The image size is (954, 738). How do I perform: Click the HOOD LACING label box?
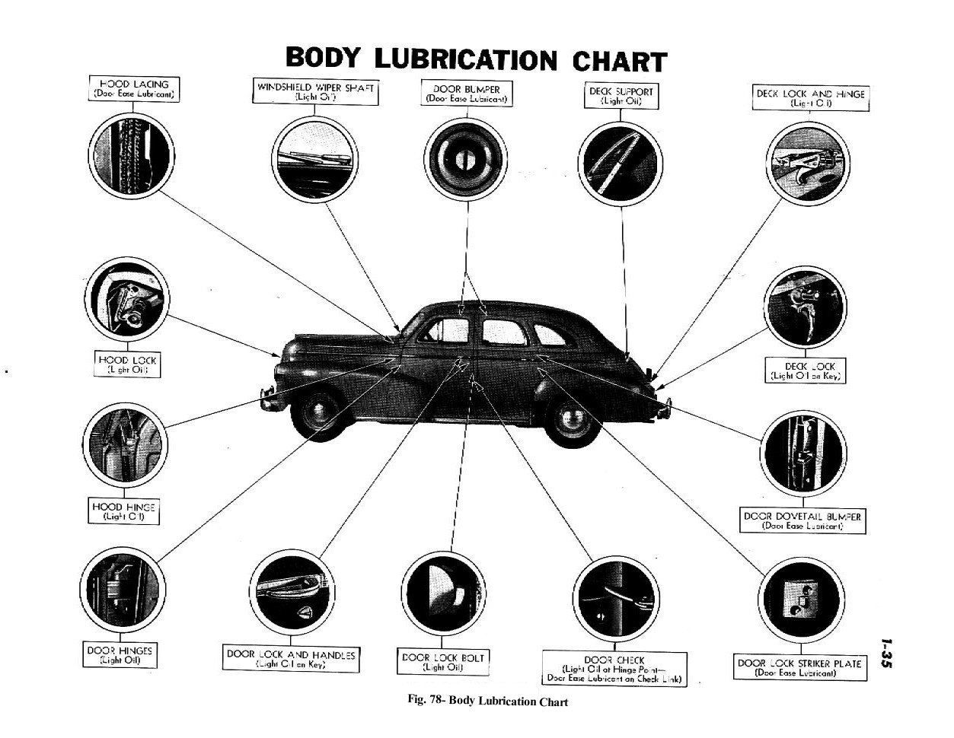[134, 89]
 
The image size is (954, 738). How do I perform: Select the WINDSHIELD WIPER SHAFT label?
[315, 92]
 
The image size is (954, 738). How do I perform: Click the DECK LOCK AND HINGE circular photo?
[805, 161]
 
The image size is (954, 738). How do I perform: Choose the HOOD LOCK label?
[126, 363]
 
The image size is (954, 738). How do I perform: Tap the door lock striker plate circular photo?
[799, 597]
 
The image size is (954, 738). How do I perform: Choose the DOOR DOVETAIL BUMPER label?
[802, 520]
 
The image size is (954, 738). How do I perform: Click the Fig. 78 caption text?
[488, 701]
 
